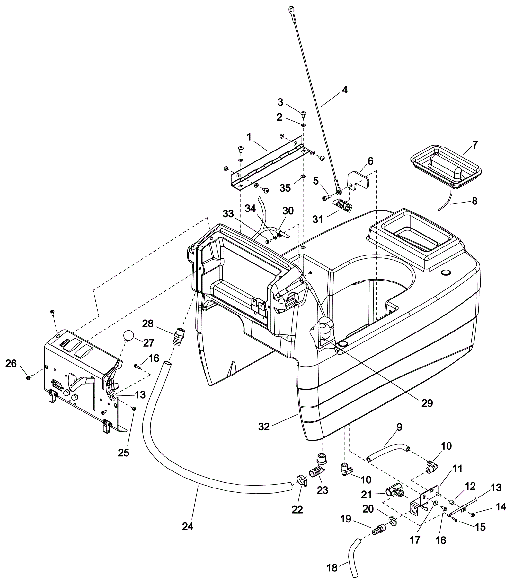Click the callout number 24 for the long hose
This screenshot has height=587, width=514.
(x=188, y=526)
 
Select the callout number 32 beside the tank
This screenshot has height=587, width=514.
(x=264, y=427)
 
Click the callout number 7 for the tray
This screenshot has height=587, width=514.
(x=475, y=145)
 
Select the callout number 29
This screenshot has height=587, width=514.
(x=427, y=403)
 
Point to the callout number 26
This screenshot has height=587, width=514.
(x=11, y=364)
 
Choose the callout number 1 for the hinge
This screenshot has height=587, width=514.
(x=249, y=137)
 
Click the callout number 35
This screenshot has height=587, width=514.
(x=285, y=188)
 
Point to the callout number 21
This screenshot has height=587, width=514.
(x=367, y=495)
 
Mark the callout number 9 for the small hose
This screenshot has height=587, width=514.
(x=399, y=427)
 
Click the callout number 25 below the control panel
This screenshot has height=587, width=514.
(x=124, y=453)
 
